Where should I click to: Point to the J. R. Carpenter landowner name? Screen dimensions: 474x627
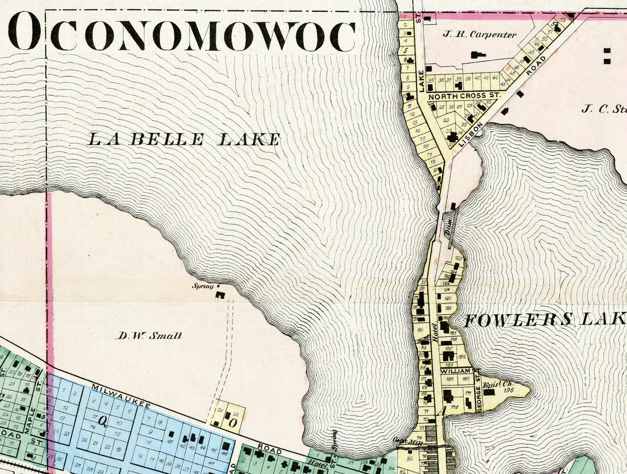pos(479,35)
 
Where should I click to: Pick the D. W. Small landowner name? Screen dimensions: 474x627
pos(148,335)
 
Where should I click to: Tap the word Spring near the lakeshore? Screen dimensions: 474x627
pos(202,286)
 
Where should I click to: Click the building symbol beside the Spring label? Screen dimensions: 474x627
pos(220,295)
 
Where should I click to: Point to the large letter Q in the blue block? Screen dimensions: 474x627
pos(102,422)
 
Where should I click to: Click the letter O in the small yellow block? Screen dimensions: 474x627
pos(232,423)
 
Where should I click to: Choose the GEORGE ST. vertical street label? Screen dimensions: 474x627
pos(479,397)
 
